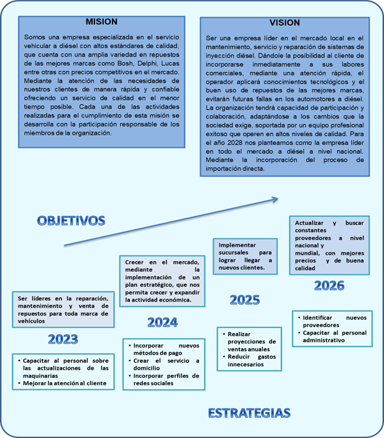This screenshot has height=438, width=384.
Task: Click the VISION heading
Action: click(x=285, y=23)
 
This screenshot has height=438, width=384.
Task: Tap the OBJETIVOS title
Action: click(x=70, y=220)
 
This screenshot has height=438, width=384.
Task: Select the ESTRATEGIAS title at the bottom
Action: click(x=249, y=413)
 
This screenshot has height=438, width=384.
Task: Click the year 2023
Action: click(x=63, y=339)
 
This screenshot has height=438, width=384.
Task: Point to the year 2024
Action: click(x=162, y=322)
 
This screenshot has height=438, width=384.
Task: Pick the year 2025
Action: click(x=245, y=300)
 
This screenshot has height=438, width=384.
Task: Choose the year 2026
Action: click(x=329, y=285)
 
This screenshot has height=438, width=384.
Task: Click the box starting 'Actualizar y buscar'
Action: click(x=329, y=246)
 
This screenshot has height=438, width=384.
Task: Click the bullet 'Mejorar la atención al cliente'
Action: click(x=66, y=383)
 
